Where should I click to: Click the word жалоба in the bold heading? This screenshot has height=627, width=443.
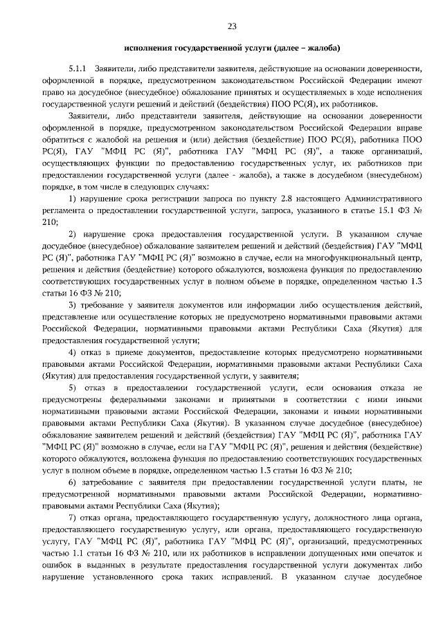point(321,49)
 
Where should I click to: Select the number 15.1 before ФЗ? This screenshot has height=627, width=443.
point(376,211)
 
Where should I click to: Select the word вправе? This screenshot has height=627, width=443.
point(406,128)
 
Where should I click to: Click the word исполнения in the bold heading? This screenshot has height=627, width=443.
point(152,49)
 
